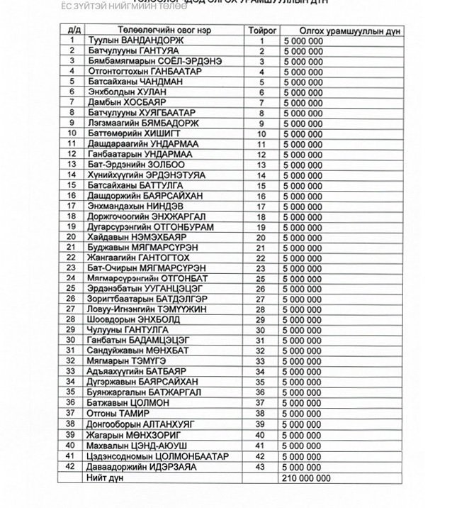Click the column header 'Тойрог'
coord(261,31)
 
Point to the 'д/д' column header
coord(72,31)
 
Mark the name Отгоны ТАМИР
coord(118,412)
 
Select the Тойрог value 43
coord(261,468)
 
